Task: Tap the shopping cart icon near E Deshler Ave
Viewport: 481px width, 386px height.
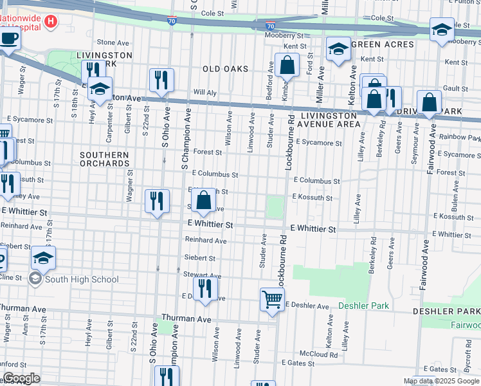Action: [272, 299]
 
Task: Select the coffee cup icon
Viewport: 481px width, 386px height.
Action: [9, 38]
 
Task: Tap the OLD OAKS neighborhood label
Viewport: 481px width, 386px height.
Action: [224, 68]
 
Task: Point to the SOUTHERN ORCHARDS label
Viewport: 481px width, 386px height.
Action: [104, 159]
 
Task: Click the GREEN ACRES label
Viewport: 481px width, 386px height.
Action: [383, 44]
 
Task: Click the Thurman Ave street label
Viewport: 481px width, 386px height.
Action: [186, 318]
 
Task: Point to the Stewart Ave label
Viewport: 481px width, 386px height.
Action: [198, 274]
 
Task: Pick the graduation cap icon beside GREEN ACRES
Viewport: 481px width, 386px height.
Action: [338, 50]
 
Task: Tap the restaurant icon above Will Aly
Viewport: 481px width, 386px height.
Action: [161, 79]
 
